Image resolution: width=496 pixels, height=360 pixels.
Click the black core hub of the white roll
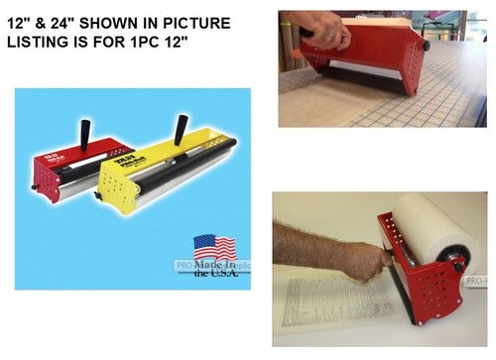458,265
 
